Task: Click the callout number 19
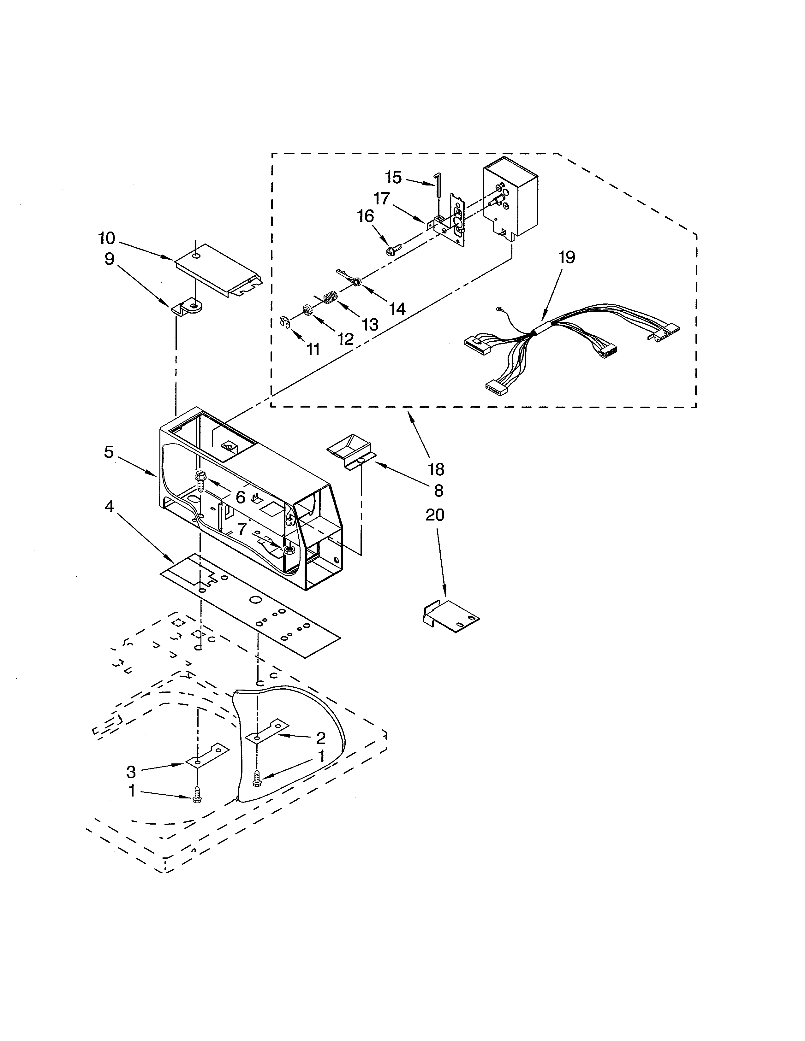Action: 567,258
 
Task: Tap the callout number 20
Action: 434,515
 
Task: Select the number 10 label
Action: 107,238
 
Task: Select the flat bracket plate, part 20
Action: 451,618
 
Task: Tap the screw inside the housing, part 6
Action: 200,480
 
